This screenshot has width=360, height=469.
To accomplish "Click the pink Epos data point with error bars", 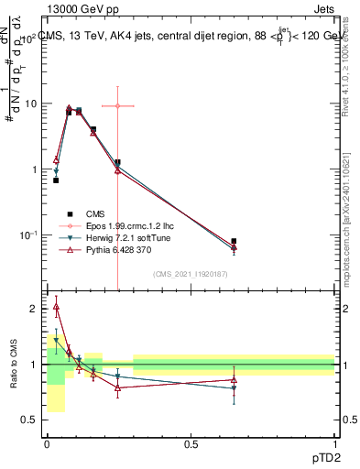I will [x=117, y=106].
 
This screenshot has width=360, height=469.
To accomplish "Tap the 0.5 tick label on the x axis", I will [x=191, y=443].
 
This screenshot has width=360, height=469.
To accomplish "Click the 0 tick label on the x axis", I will [x=47, y=443].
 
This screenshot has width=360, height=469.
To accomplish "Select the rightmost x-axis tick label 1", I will [x=335, y=443].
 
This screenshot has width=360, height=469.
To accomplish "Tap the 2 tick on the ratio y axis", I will [x=37, y=309].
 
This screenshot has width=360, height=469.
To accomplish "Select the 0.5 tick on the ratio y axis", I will [x=33, y=420].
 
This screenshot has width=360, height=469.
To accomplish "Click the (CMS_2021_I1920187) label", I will [x=191, y=274].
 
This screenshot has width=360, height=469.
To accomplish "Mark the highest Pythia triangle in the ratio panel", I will [x=56, y=307].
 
